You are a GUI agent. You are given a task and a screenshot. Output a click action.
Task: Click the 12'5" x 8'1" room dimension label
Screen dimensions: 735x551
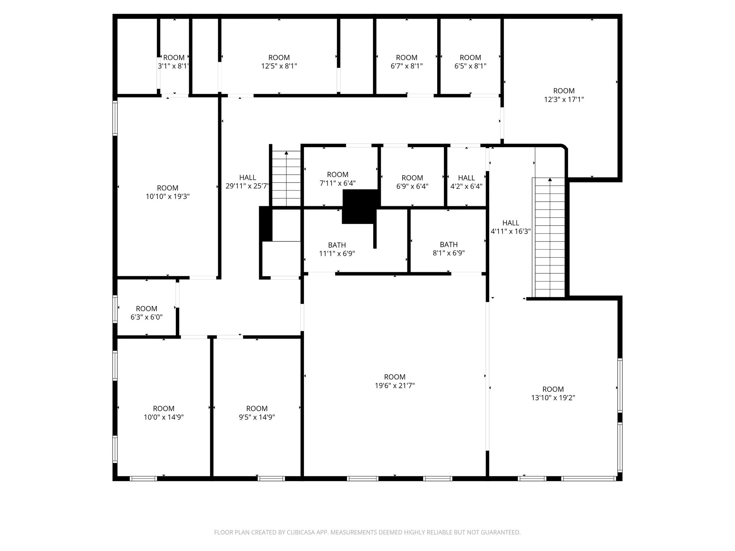[279, 62]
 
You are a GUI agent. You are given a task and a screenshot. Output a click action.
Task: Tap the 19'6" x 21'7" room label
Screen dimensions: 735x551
[395, 381]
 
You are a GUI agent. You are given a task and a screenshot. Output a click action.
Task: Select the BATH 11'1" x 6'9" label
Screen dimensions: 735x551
[337, 249]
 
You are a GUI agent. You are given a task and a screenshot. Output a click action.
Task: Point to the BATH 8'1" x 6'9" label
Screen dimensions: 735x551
[449, 249]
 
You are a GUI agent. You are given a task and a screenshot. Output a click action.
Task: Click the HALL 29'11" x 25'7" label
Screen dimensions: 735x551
[247, 182]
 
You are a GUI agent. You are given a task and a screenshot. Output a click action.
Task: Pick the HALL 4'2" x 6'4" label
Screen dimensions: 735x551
[466, 182]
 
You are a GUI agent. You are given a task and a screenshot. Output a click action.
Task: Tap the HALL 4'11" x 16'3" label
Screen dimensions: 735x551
[511, 227]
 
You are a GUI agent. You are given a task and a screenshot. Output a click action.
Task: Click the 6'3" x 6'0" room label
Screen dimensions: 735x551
[146, 313]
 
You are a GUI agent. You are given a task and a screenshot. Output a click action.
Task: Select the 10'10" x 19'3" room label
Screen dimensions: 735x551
[168, 192]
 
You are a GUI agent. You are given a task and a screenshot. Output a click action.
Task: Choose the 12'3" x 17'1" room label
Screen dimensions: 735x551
[564, 95]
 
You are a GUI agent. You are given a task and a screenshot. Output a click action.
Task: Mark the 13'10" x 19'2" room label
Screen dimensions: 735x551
[553, 393]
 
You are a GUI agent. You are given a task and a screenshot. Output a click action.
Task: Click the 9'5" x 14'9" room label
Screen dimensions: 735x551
[257, 413]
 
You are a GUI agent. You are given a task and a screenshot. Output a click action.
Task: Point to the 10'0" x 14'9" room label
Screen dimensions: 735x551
[164, 413]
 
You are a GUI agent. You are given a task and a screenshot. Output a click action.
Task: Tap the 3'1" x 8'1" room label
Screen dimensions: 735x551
[174, 62]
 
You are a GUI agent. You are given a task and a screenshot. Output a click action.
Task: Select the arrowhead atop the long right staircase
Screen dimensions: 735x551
[550, 180]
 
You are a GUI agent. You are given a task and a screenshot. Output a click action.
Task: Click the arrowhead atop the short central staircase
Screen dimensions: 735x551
[286, 153]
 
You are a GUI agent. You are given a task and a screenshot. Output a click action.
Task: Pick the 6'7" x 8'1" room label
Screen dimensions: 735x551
[407, 62]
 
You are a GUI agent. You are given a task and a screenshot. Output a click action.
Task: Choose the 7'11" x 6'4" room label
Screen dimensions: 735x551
[337, 179]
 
